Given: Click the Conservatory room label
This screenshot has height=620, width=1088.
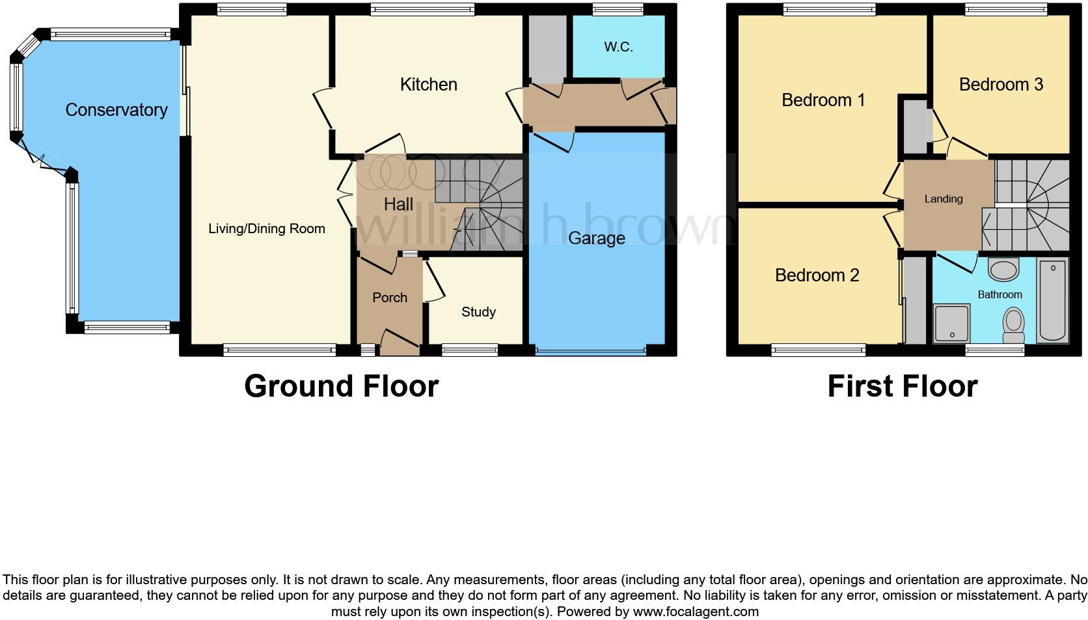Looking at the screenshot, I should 116,110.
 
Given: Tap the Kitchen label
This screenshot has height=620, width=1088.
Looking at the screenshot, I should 428,85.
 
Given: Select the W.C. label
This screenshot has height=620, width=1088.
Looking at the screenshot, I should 618,47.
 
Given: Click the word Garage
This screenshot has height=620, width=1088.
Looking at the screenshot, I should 596,238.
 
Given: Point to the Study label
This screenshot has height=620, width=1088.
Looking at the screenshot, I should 478,312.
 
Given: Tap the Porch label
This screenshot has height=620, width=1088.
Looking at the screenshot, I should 390,298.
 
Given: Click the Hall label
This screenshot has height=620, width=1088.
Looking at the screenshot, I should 398,204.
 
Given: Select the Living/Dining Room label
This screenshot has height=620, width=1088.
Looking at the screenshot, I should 266,229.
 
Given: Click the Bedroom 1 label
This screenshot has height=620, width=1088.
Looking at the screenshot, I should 823,100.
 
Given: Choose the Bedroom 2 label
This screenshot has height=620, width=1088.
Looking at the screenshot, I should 817,275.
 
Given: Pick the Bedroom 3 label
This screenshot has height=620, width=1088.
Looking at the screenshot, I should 1001,85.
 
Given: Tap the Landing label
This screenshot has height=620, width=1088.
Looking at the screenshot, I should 943,199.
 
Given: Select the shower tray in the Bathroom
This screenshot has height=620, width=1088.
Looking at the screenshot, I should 951,324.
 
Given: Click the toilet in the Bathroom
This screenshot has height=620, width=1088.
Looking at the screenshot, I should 1013,324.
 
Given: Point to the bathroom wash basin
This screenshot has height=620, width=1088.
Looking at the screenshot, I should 1003,269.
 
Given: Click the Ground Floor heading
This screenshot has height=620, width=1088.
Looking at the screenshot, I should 341,386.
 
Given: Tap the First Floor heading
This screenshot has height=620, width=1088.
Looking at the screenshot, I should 902,386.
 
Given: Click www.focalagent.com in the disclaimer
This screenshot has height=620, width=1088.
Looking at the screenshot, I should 696,612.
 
